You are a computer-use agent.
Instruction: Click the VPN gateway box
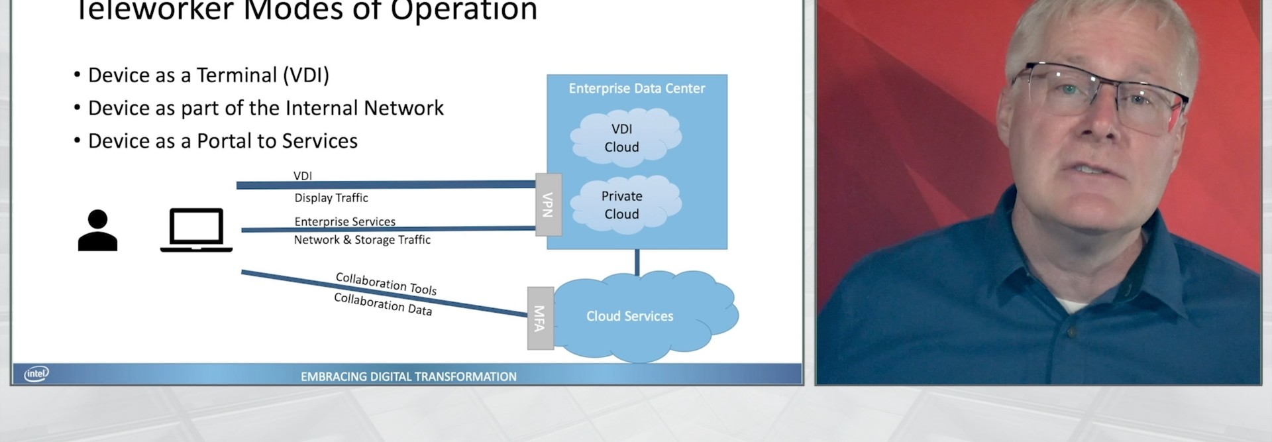549,205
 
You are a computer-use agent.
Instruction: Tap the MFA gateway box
541,318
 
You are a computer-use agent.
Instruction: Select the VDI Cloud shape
625,138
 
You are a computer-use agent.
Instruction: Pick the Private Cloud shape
625,205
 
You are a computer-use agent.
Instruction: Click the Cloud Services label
629,316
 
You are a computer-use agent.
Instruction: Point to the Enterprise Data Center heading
637,88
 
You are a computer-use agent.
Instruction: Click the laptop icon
196,230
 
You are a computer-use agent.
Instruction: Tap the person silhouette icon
97,230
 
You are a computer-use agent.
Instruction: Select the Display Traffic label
331,197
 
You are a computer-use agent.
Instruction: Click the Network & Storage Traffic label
362,239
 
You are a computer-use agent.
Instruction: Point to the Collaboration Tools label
386,284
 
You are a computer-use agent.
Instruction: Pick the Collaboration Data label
383,304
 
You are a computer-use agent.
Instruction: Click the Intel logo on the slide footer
36,374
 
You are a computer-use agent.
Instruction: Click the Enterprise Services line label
344,221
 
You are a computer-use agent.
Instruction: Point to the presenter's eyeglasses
1098,96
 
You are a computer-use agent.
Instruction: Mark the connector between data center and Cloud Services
637,262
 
